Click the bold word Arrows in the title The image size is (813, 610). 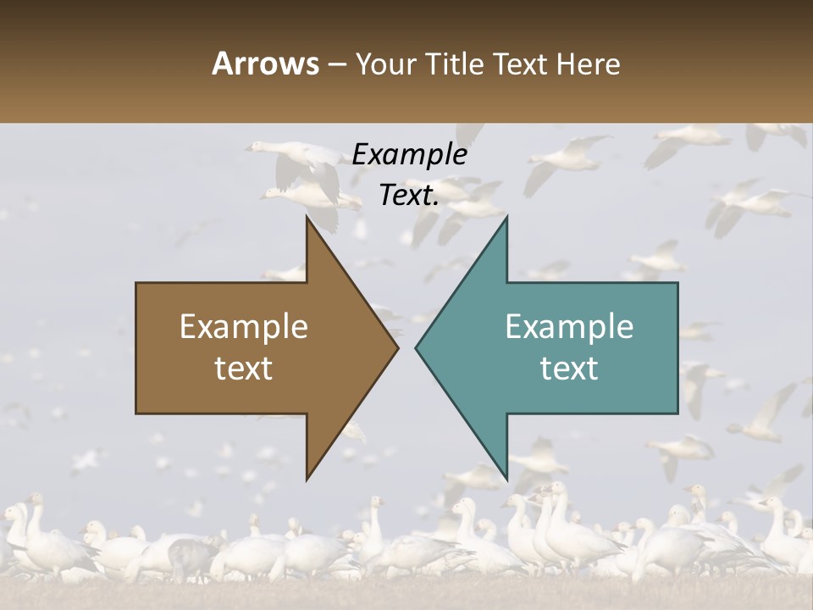pyautogui.click(x=266, y=64)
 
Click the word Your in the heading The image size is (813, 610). pyautogui.click(x=386, y=64)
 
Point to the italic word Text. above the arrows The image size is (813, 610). pyautogui.click(x=409, y=196)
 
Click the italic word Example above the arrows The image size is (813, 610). pyautogui.click(x=409, y=155)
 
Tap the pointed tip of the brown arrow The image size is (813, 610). pyautogui.click(x=395, y=347)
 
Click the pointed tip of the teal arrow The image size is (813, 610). pyautogui.click(x=418, y=347)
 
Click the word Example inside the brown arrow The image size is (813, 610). pyautogui.click(x=244, y=327)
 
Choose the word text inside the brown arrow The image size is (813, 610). pyautogui.click(x=244, y=368)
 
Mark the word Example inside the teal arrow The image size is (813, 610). pyautogui.click(x=569, y=327)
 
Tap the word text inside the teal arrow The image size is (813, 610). pyautogui.click(x=569, y=368)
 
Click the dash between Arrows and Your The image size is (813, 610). pyautogui.click(x=336, y=64)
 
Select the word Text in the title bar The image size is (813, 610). pyautogui.click(x=523, y=64)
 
